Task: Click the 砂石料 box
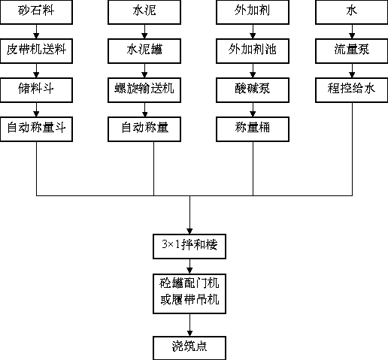click(x=36, y=12)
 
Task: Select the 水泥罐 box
click(x=144, y=51)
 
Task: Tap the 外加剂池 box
click(x=253, y=51)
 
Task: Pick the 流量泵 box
click(x=352, y=51)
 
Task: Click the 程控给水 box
click(x=352, y=90)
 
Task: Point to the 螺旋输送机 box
click(x=144, y=90)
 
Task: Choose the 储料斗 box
click(x=36, y=90)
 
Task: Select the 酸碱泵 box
click(x=253, y=90)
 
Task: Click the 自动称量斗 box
click(x=36, y=129)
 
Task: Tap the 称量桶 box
click(x=253, y=129)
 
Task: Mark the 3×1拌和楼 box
click(x=189, y=247)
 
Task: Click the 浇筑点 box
click(x=189, y=348)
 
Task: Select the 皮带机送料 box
click(x=36, y=51)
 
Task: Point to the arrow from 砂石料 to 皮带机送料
click(x=36, y=32)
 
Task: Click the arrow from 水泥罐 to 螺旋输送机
click(x=144, y=71)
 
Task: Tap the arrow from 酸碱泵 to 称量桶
click(x=253, y=110)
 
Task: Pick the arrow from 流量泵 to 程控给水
click(x=352, y=71)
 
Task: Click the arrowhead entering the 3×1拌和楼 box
click(x=189, y=231)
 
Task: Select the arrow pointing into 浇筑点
click(x=189, y=325)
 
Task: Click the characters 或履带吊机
click(x=189, y=299)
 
